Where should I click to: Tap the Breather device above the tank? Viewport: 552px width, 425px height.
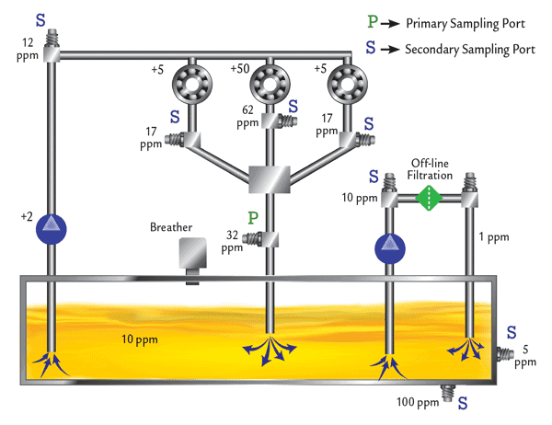pyautogui.click(x=193, y=256)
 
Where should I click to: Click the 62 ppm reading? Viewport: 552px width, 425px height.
pyautogui.click(x=247, y=115)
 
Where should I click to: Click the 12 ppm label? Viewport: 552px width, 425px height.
pyautogui.click(x=28, y=49)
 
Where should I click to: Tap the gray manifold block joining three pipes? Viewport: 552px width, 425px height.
pyautogui.click(x=269, y=178)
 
